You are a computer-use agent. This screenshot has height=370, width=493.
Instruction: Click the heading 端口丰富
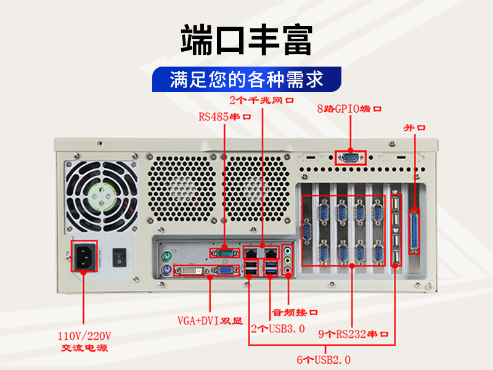(246, 40)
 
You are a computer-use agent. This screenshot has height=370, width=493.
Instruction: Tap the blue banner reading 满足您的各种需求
(247, 80)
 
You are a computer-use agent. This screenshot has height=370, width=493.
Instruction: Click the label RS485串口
(225, 117)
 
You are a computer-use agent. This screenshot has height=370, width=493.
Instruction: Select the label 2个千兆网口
(261, 101)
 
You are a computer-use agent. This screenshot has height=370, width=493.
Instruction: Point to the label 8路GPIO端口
(349, 109)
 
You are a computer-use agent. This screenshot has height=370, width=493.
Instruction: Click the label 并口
(414, 128)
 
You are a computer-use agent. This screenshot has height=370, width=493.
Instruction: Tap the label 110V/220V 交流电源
(84, 342)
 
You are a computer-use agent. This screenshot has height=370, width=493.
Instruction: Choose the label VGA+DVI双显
(210, 321)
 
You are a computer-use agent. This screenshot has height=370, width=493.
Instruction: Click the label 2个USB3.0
(278, 329)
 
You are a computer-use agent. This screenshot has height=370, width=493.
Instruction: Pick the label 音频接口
(295, 313)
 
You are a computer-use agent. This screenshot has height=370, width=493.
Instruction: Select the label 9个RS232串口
(353, 334)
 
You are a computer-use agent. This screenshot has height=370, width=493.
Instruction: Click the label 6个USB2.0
(324, 360)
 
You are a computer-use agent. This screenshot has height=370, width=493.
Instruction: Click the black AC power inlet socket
(84, 256)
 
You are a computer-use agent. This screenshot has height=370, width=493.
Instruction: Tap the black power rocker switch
(120, 257)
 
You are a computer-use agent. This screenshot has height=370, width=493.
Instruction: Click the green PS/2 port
(167, 256)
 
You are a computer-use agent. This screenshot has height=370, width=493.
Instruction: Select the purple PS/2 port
(167, 270)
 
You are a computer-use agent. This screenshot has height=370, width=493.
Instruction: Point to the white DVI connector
(190, 271)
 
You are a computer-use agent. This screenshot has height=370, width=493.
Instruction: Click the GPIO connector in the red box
(351, 158)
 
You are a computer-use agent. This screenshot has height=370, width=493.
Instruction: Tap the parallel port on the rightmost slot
(414, 232)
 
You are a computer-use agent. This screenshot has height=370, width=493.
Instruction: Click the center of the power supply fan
(102, 197)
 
